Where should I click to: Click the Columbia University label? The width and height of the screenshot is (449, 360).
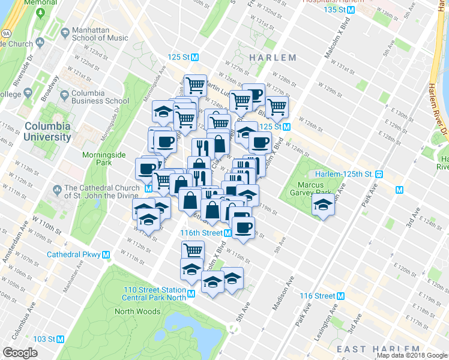tap(47, 131)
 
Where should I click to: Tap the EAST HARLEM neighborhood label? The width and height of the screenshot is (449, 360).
tap(378, 349)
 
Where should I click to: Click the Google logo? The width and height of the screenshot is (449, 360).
tap(20, 353)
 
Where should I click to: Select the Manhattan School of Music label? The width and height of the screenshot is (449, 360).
tap(100, 34)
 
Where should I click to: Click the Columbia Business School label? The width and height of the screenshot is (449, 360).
tap(100, 97)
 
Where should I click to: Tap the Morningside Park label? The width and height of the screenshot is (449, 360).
tap(104, 158)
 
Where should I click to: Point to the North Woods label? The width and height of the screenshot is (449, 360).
tap(137, 311)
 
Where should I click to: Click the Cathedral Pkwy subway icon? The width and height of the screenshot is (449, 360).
tap(106, 254)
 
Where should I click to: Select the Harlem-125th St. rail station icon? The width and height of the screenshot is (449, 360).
tap(379, 174)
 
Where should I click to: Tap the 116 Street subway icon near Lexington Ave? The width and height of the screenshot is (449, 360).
tap(340, 296)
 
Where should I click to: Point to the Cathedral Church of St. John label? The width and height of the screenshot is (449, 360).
tap(101, 191)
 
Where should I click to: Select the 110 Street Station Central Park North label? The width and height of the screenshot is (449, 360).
tap(154, 293)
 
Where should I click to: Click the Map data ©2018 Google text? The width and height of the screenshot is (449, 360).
tap(412, 355)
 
